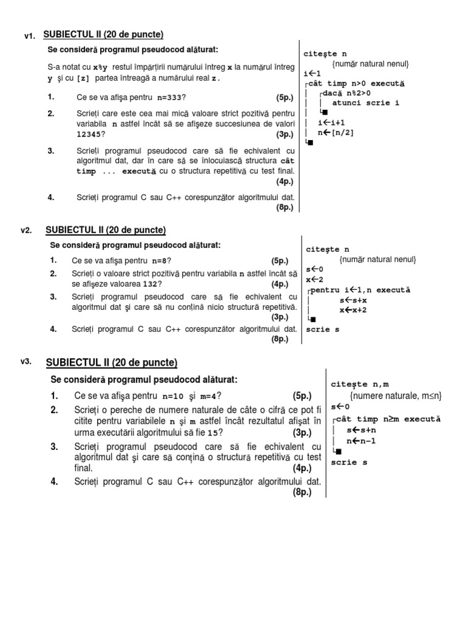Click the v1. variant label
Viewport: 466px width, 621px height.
pyautogui.click(x=30, y=36)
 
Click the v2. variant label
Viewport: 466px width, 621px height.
pyautogui.click(x=25, y=230)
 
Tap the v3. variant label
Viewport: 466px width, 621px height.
pyautogui.click(x=25, y=361)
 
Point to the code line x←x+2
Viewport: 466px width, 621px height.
pyautogui.click(x=343, y=309)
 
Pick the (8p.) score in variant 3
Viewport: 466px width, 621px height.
pyautogui.click(x=302, y=492)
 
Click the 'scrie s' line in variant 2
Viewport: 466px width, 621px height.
pyautogui.click(x=323, y=329)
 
